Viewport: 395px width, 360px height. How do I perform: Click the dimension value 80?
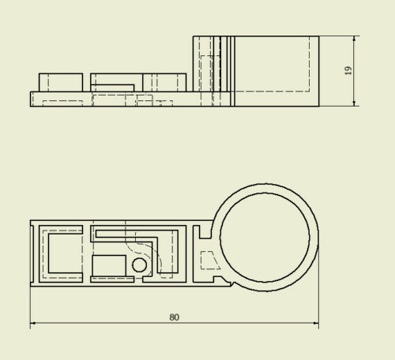(x=174, y=317)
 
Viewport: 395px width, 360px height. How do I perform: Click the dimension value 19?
(x=348, y=70)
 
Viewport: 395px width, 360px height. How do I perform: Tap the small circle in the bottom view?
(x=139, y=265)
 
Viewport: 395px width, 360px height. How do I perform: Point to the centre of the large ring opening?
(x=265, y=238)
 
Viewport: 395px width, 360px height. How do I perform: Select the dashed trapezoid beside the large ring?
(x=210, y=260)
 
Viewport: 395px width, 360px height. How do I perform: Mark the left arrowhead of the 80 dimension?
(x=33, y=323)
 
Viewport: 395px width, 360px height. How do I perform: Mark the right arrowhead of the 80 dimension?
(x=316, y=323)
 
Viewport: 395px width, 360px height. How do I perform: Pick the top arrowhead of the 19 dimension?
(x=355, y=39)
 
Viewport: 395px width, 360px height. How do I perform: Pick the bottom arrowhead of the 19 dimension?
(x=355, y=103)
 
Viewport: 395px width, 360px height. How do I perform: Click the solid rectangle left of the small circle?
(x=109, y=265)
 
